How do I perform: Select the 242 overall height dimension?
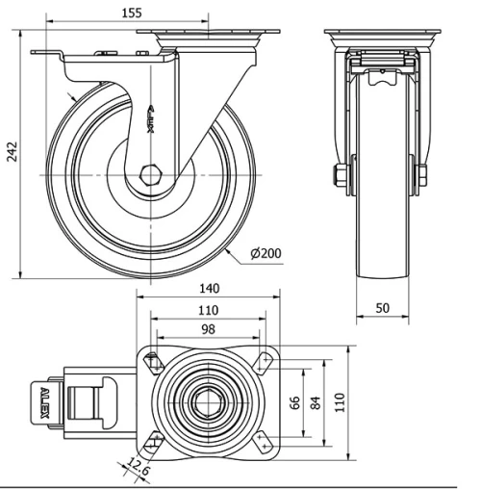point(13,155)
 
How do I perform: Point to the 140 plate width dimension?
point(210,288)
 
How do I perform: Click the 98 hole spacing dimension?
point(208,330)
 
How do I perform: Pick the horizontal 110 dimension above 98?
point(208,310)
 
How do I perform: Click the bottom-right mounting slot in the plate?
point(264,440)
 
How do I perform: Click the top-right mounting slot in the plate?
point(264,362)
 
